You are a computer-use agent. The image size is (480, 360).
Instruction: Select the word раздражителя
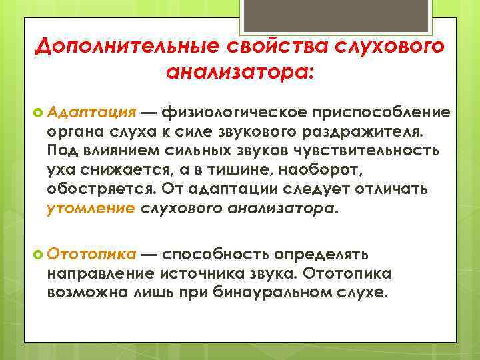381,131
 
